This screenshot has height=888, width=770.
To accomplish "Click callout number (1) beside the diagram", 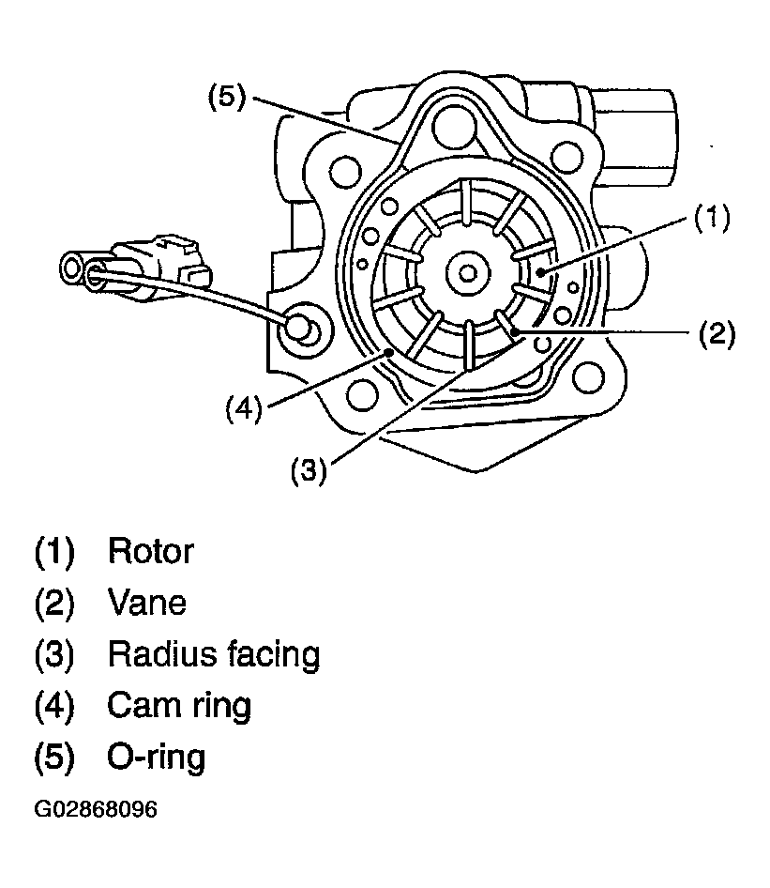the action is coord(712,218).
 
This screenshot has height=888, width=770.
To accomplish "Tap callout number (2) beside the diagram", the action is coord(717,333).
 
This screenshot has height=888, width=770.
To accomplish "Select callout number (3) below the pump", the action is coord(309,471).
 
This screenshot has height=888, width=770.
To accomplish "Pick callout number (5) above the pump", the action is coord(227,97).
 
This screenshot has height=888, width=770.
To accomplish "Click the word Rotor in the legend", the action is coord(150,551).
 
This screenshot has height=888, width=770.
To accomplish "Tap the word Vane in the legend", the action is coord(146,603).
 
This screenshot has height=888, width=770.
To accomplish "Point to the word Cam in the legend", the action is coord(144,706).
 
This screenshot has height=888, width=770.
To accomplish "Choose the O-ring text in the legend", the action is coord(156,758).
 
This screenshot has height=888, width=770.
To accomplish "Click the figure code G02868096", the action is coord(96,809).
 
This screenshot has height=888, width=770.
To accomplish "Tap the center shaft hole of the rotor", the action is coord(467,273).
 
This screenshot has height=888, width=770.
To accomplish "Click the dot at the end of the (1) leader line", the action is coord(541,273).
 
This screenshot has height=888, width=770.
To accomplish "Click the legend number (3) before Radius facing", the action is coord(54,654).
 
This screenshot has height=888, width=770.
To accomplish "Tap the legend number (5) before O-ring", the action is coord(54,758).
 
